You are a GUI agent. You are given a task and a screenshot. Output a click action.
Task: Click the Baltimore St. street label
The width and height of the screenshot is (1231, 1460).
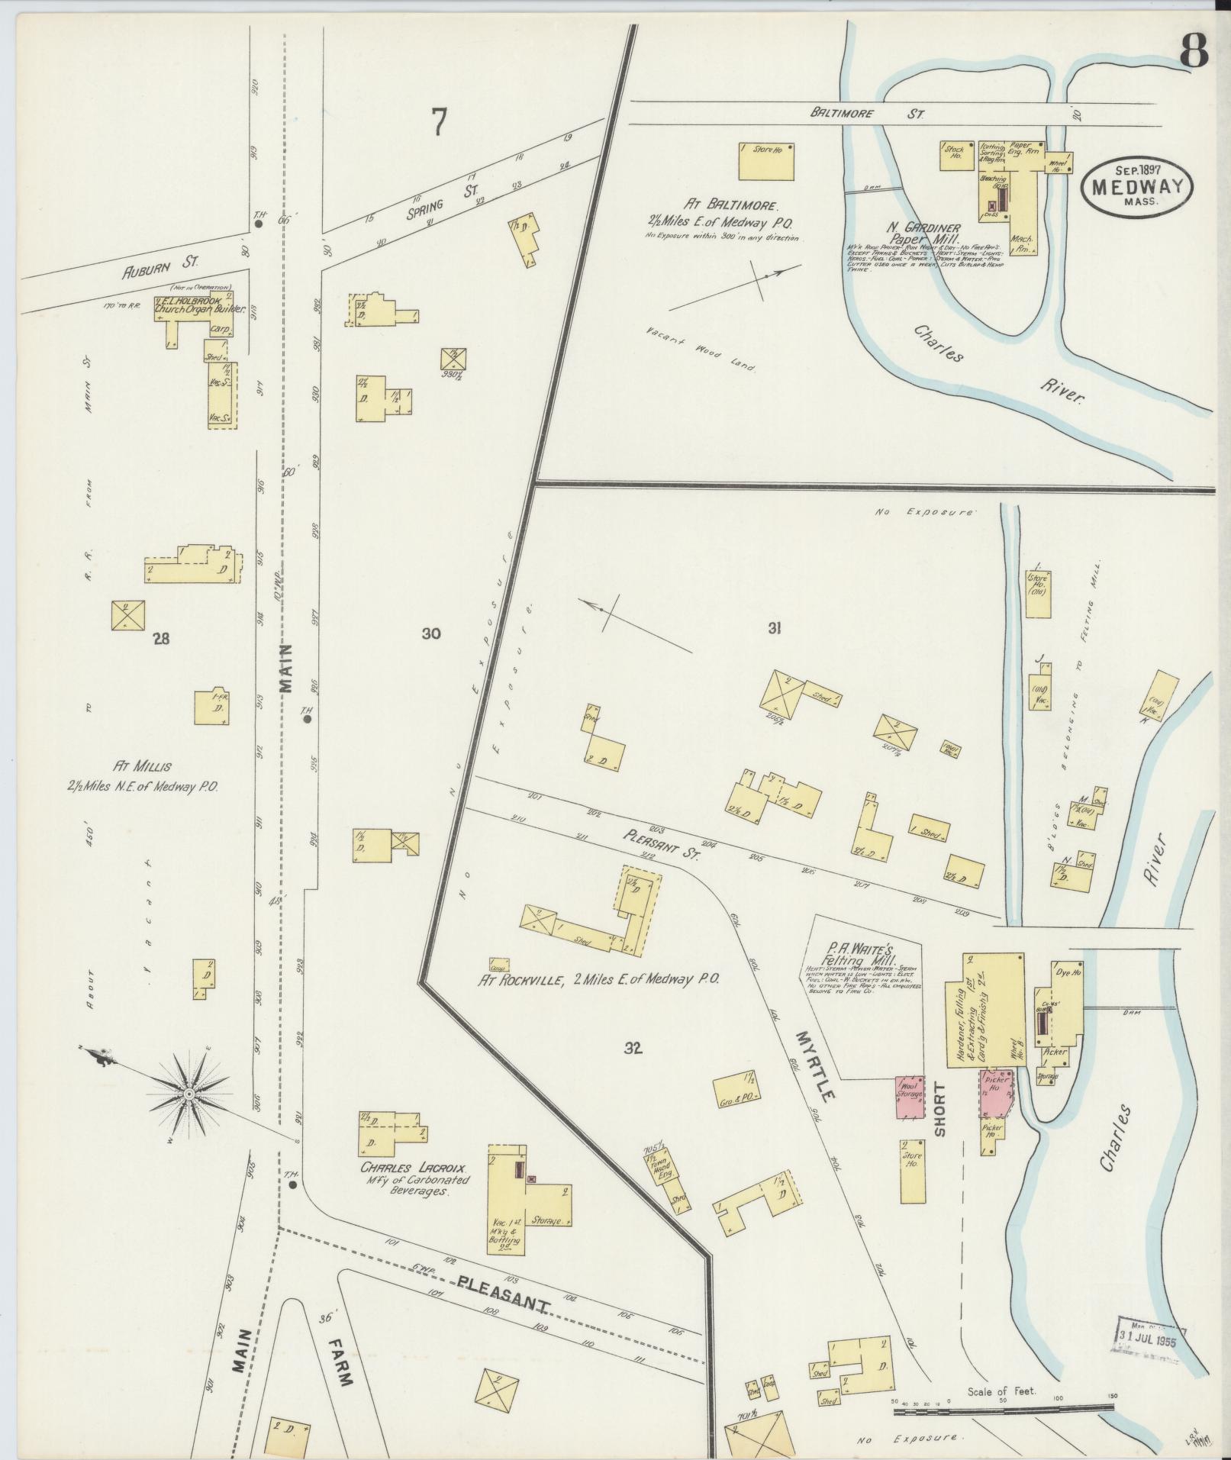point(867,114)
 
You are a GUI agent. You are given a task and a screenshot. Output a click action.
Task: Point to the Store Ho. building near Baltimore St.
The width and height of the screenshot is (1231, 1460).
point(765,160)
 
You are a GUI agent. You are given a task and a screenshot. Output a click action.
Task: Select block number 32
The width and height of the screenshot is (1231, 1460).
point(633,1048)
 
